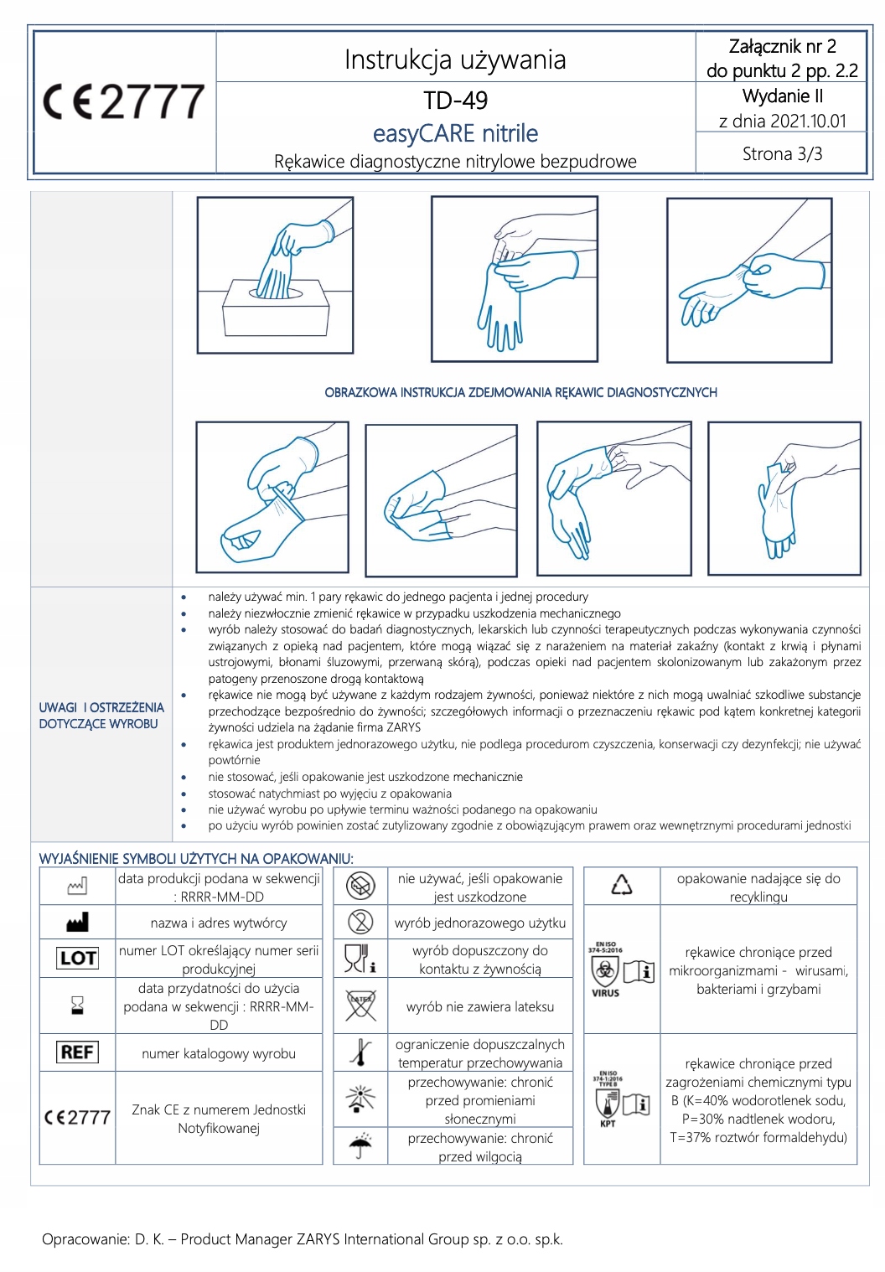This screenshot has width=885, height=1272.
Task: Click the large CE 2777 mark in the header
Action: [124, 102]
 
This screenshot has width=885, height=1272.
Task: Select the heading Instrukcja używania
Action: [455, 59]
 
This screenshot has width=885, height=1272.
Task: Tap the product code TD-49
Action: [455, 101]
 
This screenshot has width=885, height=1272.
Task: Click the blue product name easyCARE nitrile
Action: [455, 133]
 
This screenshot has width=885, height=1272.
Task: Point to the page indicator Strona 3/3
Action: [782, 154]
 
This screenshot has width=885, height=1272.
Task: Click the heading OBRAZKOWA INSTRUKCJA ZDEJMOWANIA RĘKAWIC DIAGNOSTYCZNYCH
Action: [520, 392]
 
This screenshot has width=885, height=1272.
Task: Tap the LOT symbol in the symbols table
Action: [77, 958]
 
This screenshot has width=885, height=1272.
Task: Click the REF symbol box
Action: [77, 1052]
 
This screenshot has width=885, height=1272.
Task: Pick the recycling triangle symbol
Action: [621, 885]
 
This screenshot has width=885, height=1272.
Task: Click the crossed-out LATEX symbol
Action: [360, 1006]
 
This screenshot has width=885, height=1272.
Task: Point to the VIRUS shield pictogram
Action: [606, 972]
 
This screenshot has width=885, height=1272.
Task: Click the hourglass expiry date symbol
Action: [77, 1006]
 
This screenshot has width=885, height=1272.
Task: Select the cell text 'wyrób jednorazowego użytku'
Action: [480, 923]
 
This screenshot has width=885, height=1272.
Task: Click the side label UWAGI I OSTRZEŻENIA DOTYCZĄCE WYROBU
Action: [101, 716]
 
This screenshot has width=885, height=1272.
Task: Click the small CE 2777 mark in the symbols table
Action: [77, 1118]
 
